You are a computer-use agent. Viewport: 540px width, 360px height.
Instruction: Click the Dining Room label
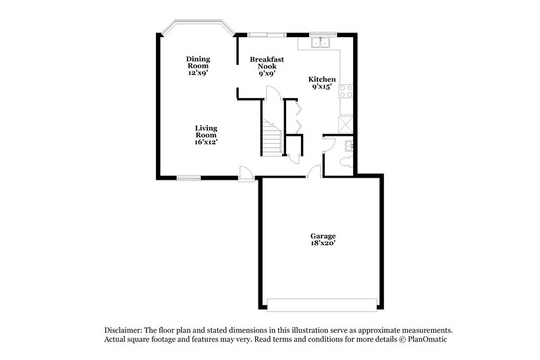click(198, 66)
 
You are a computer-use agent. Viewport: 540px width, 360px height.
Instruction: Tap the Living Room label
click(206, 134)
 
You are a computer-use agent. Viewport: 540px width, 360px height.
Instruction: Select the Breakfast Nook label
click(267, 66)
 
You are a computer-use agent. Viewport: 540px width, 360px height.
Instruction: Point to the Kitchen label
click(322, 82)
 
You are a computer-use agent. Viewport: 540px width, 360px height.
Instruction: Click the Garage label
click(323, 239)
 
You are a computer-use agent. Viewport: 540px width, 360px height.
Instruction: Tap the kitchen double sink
click(321, 43)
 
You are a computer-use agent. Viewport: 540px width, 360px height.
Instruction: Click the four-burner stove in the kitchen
click(346, 91)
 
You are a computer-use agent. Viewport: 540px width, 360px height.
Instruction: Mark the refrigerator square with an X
click(346, 124)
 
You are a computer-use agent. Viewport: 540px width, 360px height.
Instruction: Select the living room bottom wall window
click(189, 178)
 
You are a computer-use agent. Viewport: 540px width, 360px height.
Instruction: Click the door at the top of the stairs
click(268, 93)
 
